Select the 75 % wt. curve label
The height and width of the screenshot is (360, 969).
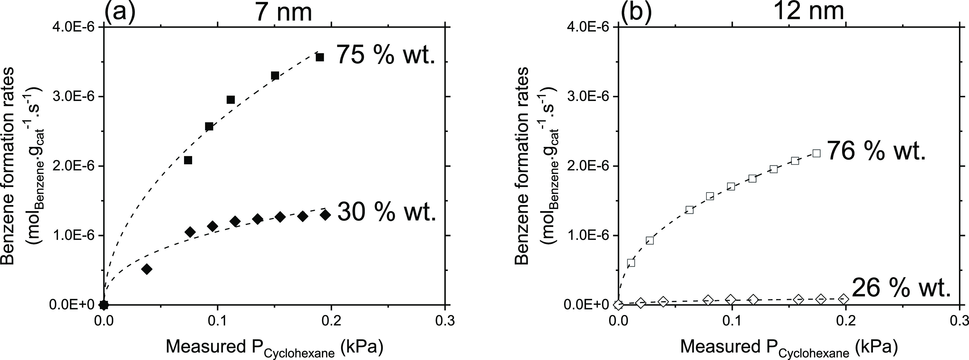pyautogui.click(x=386, y=55)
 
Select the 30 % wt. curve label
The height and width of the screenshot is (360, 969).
pyautogui.click(x=386, y=212)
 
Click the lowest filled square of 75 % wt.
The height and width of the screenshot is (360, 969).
pyautogui.click(x=188, y=160)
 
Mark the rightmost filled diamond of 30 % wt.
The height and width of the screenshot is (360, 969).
pyautogui.click(x=325, y=215)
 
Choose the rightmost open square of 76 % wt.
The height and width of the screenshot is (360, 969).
pyautogui.click(x=817, y=153)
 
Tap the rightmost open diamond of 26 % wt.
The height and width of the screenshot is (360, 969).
pyautogui.click(x=844, y=299)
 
